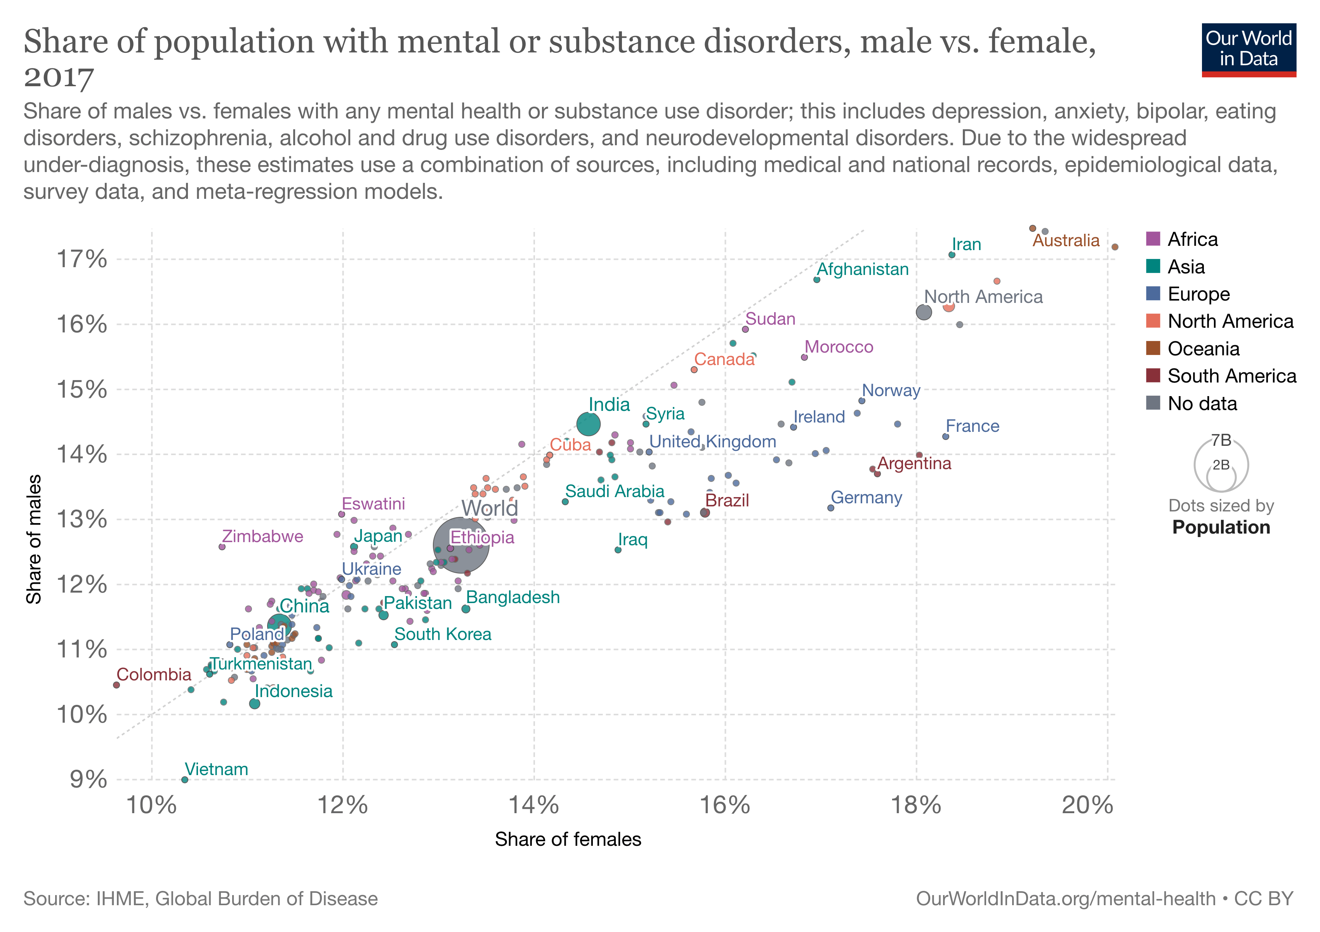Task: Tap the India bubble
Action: click(x=588, y=424)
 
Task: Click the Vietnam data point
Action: click(x=184, y=780)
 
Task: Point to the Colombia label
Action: click(x=153, y=675)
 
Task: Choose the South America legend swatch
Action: click(x=1153, y=376)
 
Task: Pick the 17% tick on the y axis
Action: click(x=81, y=259)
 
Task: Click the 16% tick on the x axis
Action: click(x=724, y=805)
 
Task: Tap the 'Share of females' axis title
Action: click(x=568, y=840)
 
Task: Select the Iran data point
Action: click(x=952, y=255)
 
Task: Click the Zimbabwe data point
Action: click(x=222, y=547)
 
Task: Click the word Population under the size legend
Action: click(x=1221, y=527)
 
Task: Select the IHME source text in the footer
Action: click(x=200, y=899)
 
